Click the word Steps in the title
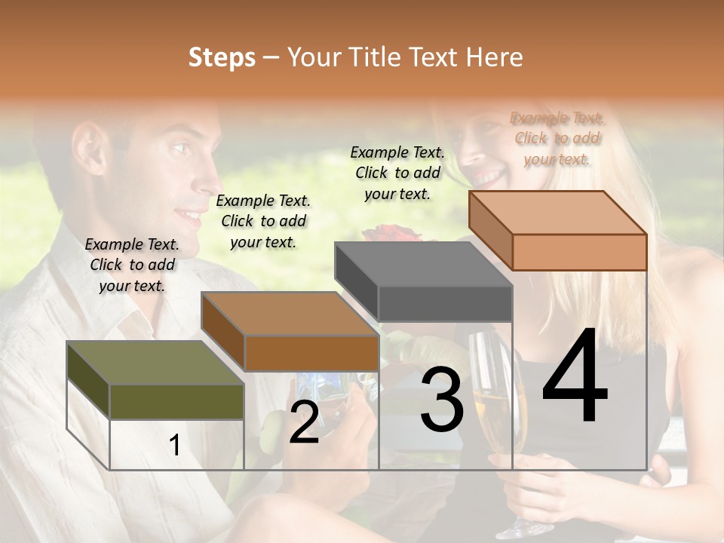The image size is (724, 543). point(222,57)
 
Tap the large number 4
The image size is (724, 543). point(575,377)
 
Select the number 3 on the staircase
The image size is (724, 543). point(441,400)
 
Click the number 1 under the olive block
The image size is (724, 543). point(175,446)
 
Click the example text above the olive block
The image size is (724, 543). point(132,265)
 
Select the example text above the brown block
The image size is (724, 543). point(263,221)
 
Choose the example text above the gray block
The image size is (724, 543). point(397,173)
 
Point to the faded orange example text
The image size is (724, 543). point(557,138)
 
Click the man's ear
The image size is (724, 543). point(90,143)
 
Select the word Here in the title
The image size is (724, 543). point(495,57)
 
